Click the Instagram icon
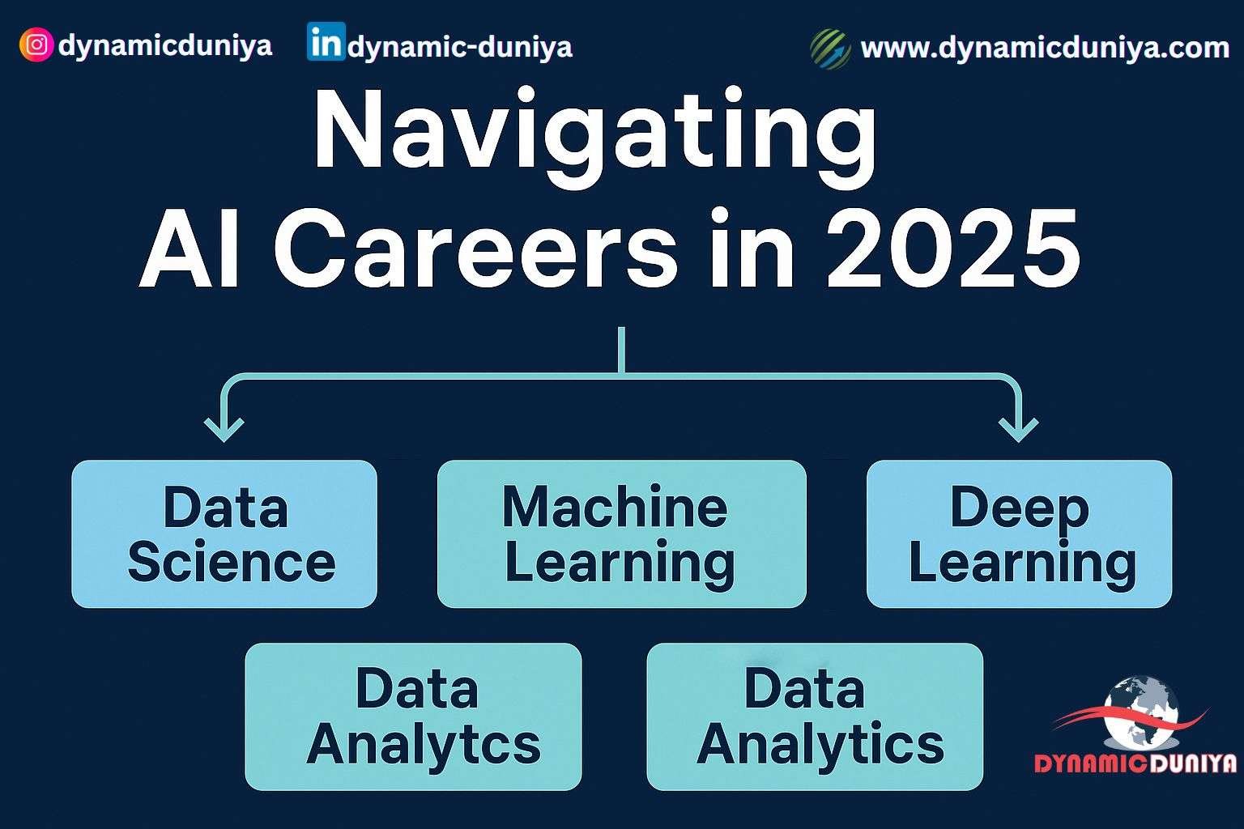[36, 45]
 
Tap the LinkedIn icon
[326, 43]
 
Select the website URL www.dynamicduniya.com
[1045, 48]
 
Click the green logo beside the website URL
[830, 48]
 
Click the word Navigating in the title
[595, 134]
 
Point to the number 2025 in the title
[952, 249]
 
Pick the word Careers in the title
[478, 249]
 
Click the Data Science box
[224, 534]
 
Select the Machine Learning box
[621, 534]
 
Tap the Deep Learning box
[1019, 534]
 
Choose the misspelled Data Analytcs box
[413, 716]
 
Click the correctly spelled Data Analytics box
[815, 716]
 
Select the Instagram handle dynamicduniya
[165, 45]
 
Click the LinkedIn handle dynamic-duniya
[459, 47]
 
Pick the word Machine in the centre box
[615, 508]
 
